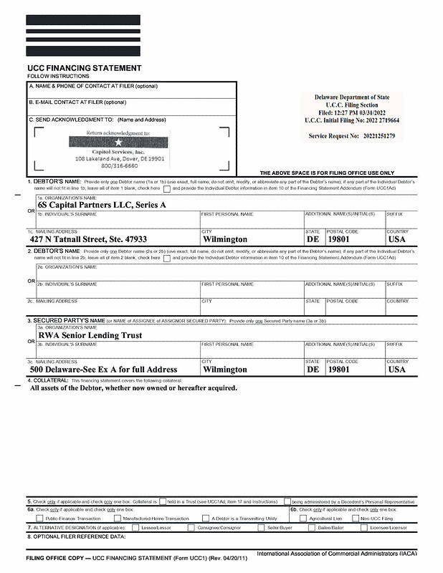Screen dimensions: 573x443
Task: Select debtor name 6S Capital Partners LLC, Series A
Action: coord(102,205)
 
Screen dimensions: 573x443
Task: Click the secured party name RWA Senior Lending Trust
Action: coord(90,334)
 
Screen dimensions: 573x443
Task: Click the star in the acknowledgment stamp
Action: coord(118,143)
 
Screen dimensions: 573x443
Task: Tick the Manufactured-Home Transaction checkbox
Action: coord(117,518)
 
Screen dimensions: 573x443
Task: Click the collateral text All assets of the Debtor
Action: coord(133,387)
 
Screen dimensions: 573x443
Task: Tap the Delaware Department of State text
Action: coord(352,97)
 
